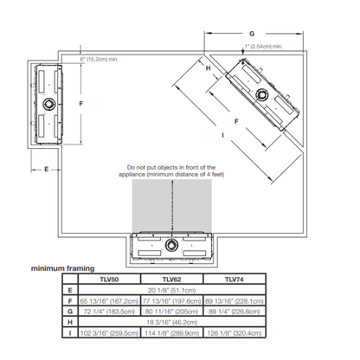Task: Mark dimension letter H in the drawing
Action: [208, 67]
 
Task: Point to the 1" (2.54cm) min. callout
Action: [269, 46]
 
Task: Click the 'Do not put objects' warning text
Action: [170, 170]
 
